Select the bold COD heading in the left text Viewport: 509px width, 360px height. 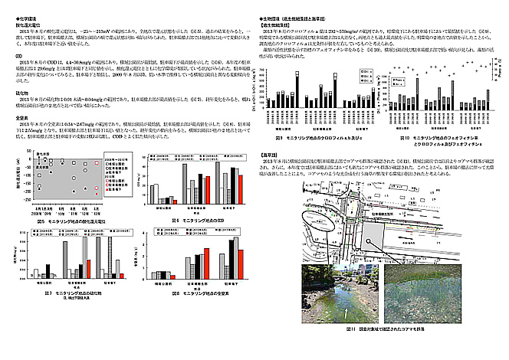click(x=18, y=56)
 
